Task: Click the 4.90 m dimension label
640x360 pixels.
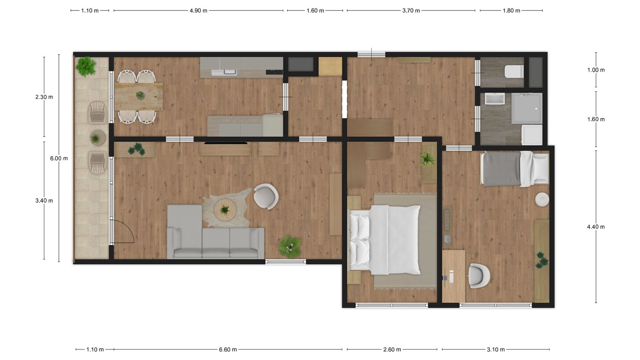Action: click(x=198, y=11)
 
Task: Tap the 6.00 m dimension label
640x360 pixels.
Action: click(x=59, y=158)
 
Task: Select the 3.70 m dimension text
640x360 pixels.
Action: click(x=411, y=11)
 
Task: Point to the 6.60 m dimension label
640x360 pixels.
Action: click(x=228, y=350)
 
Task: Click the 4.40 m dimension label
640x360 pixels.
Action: click(x=596, y=227)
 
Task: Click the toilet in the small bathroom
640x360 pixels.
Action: click(x=514, y=72)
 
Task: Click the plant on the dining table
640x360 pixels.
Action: click(x=140, y=95)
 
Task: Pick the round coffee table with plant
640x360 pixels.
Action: click(x=225, y=210)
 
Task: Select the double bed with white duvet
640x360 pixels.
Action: click(x=384, y=240)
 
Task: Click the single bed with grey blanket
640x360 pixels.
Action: click(x=515, y=169)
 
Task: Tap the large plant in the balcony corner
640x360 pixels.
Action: click(x=86, y=66)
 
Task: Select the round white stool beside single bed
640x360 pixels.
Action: click(x=542, y=199)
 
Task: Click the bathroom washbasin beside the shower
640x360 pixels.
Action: click(x=494, y=99)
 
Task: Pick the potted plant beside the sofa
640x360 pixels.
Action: click(x=290, y=246)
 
